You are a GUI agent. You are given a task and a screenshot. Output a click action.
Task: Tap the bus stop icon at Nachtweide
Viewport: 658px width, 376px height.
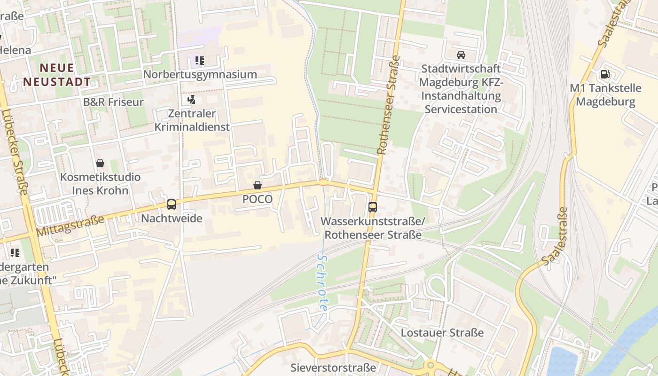pyautogui.click(x=172, y=204)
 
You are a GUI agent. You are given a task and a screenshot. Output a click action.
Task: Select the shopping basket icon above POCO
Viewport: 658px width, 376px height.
pyautogui.click(x=257, y=185)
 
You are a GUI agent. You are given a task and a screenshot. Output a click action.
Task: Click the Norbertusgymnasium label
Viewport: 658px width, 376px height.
pyautogui.click(x=200, y=74)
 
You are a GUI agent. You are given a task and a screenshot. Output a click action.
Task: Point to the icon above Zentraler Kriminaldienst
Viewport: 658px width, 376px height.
pyautogui.click(x=191, y=99)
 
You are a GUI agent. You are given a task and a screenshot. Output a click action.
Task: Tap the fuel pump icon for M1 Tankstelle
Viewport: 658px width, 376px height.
pyautogui.click(x=605, y=74)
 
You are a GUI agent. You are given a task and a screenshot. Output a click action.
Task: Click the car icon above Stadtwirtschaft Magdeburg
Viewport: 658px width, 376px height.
pyautogui.click(x=461, y=55)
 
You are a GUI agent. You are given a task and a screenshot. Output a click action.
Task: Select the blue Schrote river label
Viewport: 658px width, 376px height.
pyautogui.click(x=322, y=282)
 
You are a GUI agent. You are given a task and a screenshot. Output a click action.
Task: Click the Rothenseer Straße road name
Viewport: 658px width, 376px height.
pyautogui.click(x=389, y=106)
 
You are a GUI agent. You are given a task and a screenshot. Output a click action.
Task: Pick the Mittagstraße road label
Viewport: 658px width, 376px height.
pyautogui.click(x=70, y=225)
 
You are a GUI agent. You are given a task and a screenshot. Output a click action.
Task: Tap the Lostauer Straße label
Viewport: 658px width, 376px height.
pyautogui.click(x=442, y=333)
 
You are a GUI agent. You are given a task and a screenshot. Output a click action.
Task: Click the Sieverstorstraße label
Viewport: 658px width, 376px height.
pyautogui.click(x=333, y=367)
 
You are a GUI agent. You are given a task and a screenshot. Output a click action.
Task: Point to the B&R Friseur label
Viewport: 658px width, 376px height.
pyautogui.click(x=113, y=102)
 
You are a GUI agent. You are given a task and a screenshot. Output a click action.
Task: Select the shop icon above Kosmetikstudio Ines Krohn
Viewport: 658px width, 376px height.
pyautogui.click(x=100, y=163)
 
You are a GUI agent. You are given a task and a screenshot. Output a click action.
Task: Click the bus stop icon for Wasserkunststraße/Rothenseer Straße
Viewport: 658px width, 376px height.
pyautogui.click(x=372, y=207)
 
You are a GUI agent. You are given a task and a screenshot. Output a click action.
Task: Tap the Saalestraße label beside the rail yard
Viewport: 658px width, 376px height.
pyautogui.click(x=555, y=236)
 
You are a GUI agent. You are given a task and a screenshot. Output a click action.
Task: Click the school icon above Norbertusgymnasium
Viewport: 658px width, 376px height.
pyautogui.click(x=200, y=60)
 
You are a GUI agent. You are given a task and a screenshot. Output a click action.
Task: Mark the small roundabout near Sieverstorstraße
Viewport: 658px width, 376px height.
pyautogui.click(x=430, y=365)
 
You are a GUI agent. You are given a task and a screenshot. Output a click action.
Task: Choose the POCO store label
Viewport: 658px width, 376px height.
pyautogui.click(x=257, y=199)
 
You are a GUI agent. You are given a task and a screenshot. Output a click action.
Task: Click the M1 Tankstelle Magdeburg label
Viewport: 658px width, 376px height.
pyautogui.click(x=605, y=95)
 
